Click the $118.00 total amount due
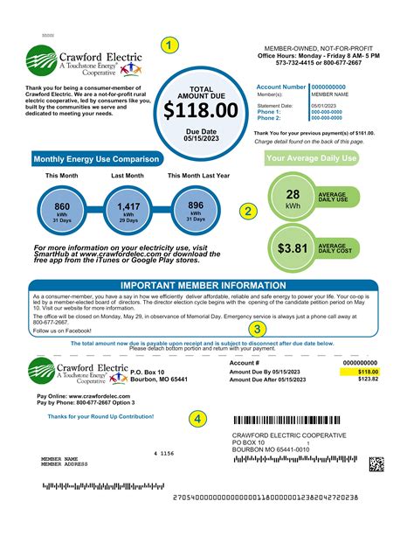201,109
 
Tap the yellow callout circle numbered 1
169,44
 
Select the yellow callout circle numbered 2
248,211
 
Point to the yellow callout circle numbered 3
257,329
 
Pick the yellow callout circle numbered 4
198,418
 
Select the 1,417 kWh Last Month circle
128,211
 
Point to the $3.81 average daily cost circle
293,248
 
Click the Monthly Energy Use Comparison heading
96,159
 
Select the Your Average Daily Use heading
312,158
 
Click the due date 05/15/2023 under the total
201,137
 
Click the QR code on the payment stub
376,463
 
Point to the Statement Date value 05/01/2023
326,106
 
